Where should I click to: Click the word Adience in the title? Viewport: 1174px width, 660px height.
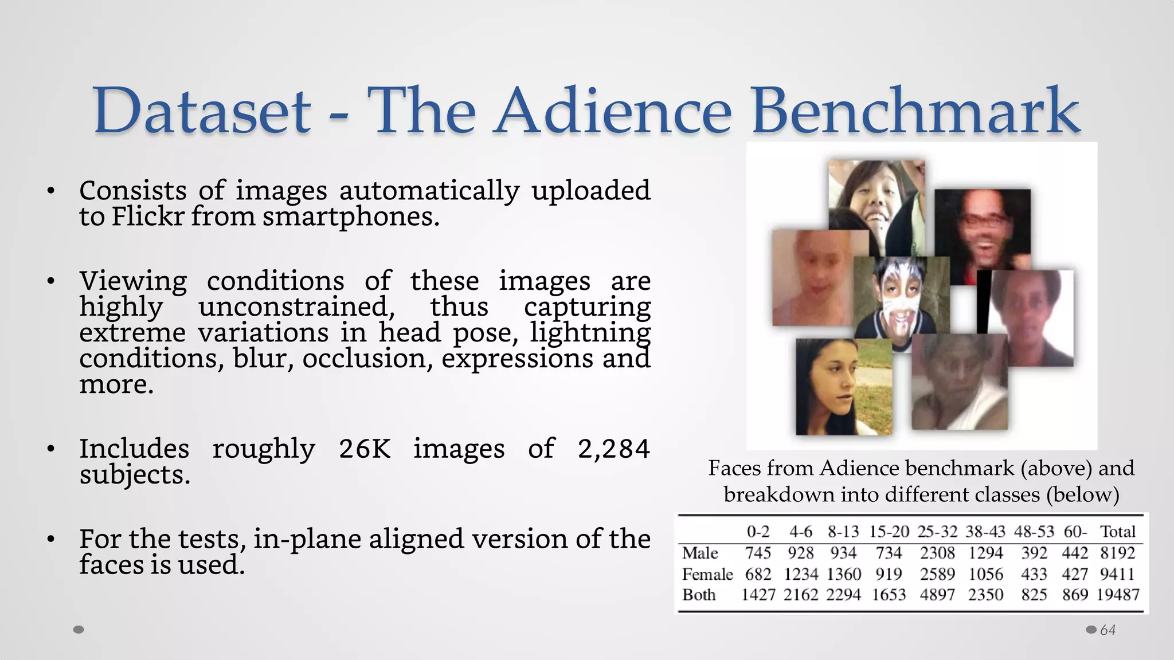pyautogui.click(x=613, y=111)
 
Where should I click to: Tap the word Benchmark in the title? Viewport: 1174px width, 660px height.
pyautogui.click(x=915, y=111)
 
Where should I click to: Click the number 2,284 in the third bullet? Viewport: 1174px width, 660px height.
pyautogui.click(x=613, y=449)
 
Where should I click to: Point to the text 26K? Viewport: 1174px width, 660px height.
pyautogui.click(x=365, y=449)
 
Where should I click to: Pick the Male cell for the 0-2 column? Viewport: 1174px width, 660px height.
pyautogui.click(x=758, y=553)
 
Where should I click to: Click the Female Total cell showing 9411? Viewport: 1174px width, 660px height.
pyautogui.click(x=1117, y=574)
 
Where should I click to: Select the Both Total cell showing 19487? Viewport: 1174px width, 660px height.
pyautogui.click(x=1118, y=595)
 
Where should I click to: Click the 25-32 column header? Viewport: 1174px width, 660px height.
pyautogui.click(x=937, y=532)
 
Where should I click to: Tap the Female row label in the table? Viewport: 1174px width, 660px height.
pyautogui.click(x=707, y=574)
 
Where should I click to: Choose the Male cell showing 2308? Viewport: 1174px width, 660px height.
pyautogui.click(x=937, y=553)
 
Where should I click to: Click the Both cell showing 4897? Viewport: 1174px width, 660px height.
pyautogui.click(x=937, y=595)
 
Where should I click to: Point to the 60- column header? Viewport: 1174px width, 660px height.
pyautogui.click(x=1075, y=532)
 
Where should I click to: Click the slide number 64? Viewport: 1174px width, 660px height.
pyautogui.click(x=1108, y=630)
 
